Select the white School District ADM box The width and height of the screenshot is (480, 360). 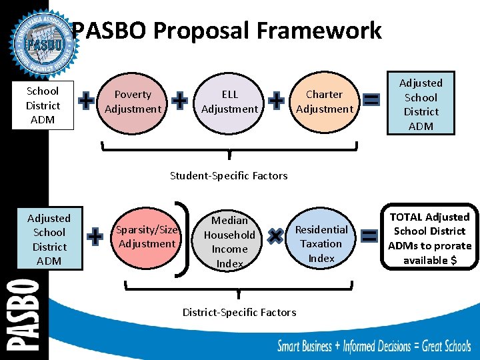coord(43,105)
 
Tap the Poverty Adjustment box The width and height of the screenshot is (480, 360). coord(133,102)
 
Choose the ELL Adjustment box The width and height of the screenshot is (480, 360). coord(229,102)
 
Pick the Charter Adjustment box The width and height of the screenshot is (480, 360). coord(325,102)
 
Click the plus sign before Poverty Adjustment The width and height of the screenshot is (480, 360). coord(86,101)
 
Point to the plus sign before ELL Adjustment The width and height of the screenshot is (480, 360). coord(179,101)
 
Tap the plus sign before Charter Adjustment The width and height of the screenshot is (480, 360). coord(277,101)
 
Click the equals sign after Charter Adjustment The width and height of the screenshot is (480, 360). coord(372,101)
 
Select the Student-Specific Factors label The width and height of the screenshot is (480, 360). coord(229,176)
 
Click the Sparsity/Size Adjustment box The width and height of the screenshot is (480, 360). coord(147,237)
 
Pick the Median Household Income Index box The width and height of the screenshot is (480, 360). coord(229,241)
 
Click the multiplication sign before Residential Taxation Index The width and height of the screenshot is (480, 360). coord(274,235)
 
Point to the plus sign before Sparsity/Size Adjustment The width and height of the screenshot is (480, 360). coord(95,236)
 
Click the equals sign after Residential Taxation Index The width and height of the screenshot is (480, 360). coord(369,236)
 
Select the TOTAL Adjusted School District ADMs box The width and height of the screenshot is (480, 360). coord(429,239)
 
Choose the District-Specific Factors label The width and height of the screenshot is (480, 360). coord(239,312)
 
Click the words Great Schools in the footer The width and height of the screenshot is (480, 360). coord(441,345)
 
